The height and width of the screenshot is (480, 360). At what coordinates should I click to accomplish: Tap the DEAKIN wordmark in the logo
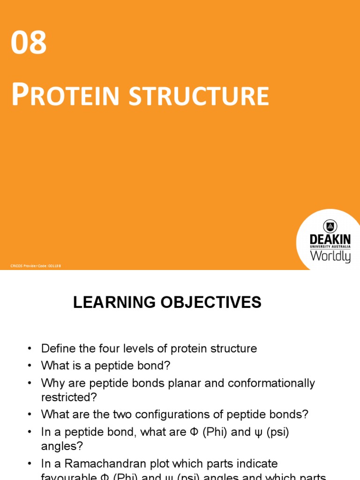(330, 240)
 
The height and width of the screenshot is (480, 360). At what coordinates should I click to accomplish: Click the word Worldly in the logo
(330, 256)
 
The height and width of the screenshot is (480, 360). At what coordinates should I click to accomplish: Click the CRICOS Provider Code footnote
(36, 266)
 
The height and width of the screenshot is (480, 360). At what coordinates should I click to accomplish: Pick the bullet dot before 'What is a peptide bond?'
(30, 366)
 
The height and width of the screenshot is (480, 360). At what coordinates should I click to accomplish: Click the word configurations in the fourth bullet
(177, 415)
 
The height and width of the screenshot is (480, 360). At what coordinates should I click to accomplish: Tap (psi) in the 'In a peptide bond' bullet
(275, 432)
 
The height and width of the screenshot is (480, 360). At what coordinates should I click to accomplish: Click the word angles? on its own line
(58, 447)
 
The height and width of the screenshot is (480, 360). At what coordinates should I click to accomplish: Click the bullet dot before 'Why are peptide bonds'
(30, 383)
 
